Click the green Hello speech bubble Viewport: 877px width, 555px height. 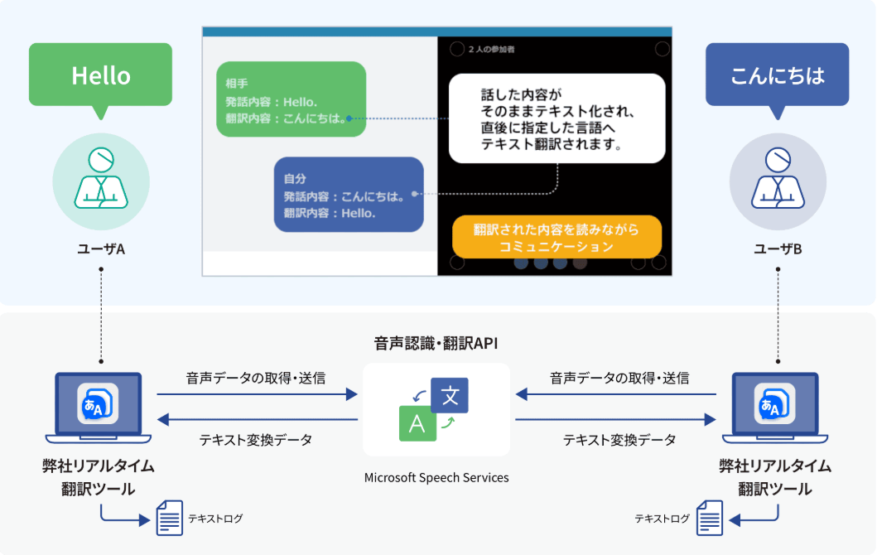(x=100, y=75)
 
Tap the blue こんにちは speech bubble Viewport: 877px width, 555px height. (x=777, y=75)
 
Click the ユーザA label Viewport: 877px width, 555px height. (x=100, y=249)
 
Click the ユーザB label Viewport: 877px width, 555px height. (x=778, y=249)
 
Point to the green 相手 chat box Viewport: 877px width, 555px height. (x=291, y=99)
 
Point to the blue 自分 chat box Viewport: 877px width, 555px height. (x=349, y=195)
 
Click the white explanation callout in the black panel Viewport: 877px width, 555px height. (x=557, y=118)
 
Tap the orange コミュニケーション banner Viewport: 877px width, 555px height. (x=557, y=237)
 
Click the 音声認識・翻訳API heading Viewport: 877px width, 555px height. (x=436, y=343)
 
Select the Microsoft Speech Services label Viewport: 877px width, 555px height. (x=436, y=477)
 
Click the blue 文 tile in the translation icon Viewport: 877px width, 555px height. (x=450, y=395)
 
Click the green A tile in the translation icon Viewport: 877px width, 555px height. (x=417, y=423)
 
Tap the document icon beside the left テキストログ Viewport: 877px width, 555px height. (x=170, y=519)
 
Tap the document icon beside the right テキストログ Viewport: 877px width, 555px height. (x=710, y=519)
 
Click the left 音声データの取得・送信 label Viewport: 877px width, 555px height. (x=256, y=378)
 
